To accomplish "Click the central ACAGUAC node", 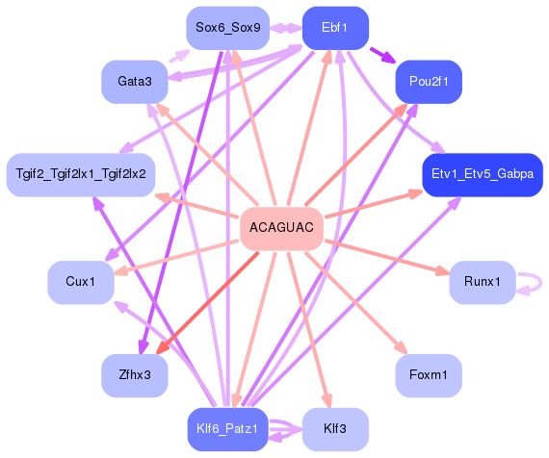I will [280, 228].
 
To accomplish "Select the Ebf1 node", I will [335, 28].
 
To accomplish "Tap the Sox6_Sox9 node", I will [227, 28].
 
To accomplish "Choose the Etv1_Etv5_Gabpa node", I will [482, 174].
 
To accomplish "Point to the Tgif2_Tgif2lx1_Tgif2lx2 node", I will [81, 174].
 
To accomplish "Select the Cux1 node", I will [81, 282].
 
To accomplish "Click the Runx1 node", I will [482, 282].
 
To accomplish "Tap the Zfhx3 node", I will [135, 374].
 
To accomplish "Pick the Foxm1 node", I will [429, 374].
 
